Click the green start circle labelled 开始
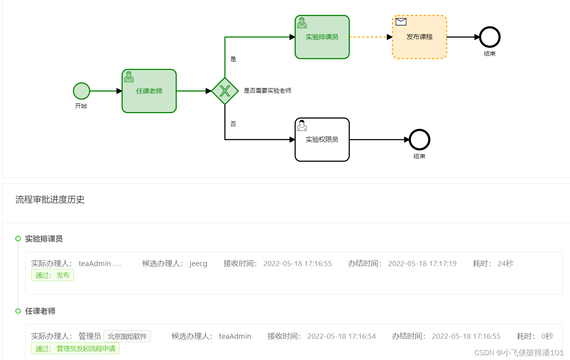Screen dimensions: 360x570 click(x=81, y=91)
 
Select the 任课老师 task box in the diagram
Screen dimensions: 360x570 click(x=149, y=91)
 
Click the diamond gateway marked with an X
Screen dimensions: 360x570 click(x=225, y=91)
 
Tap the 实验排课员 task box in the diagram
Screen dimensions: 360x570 click(x=322, y=37)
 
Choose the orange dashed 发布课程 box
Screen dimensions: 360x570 click(x=419, y=37)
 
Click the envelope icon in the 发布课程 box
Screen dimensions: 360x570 click(x=401, y=22)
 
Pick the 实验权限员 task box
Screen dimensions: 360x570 click(x=322, y=140)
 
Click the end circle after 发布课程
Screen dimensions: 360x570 click(x=489, y=37)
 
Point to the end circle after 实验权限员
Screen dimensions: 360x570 click(x=419, y=140)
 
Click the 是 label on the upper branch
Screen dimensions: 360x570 click(x=233, y=59)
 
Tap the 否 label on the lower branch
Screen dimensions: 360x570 click(x=233, y=124)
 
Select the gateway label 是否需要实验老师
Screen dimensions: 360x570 click(x=267, y=91)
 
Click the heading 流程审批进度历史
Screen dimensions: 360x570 click(x=50, y=200)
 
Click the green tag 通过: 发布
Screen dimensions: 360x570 click(x=52, y=275)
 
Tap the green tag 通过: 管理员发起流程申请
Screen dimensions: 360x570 click(x=75, y=349)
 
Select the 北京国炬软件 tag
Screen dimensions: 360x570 click(x=127, y=336)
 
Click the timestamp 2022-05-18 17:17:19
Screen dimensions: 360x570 click(x=422, y=264)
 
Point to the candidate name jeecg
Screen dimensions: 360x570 click(x=198, y=264)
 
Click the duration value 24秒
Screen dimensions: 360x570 click(x=505, y=264)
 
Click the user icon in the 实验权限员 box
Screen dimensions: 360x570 click(x=302, y=125)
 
